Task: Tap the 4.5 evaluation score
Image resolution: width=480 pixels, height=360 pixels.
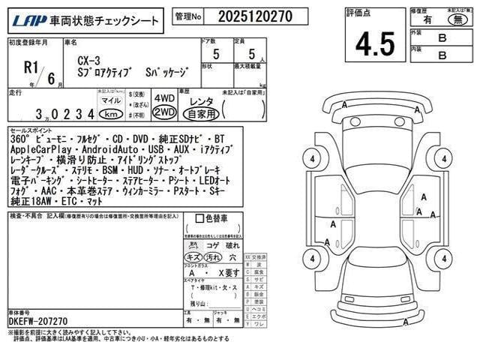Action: (375, 43)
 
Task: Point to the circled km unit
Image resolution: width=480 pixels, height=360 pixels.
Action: (110, 114)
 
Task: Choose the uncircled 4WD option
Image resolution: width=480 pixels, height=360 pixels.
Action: (164, 98)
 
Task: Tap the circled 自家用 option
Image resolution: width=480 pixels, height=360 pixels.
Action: (201, 114)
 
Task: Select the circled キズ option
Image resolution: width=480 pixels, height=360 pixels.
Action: (193, 257)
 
